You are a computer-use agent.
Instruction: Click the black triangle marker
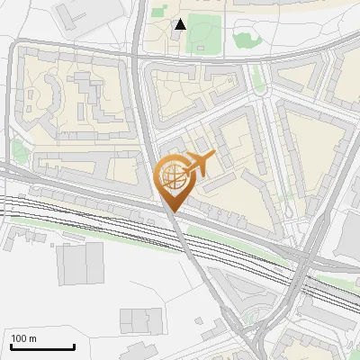pyautogui.click(x=181, y=24)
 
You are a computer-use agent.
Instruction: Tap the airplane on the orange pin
pyautogui.click(x=199, y=163)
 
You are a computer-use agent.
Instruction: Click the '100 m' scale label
pyautogui.click(x=23, y=338)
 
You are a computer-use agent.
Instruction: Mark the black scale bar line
pyautogui.click(x=42, y=346)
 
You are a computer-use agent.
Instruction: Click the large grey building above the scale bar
pyautogui.click(x=81, y=263)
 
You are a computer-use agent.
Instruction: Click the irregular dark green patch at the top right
pyautogui.click(x=244, y=39)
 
